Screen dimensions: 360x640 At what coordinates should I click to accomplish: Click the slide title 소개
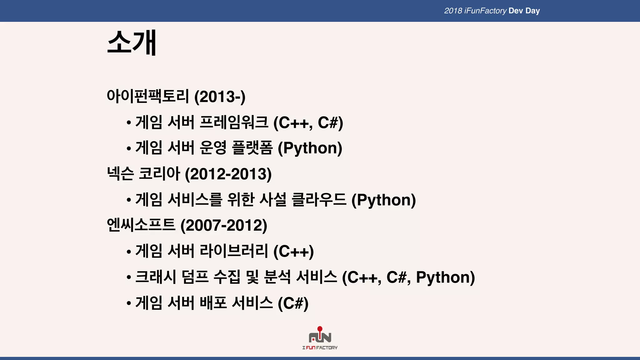tap(132, 43)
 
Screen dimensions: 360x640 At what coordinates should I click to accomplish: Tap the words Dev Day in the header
tap(524, 11)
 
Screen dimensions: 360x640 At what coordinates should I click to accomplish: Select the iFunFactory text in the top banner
tap(485, 11)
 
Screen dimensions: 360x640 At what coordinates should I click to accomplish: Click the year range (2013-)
tap(220, 97)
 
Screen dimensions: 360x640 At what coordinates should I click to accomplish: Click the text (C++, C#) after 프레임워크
tap(308, 122)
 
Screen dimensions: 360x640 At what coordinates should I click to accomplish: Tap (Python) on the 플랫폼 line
tap(310, 148)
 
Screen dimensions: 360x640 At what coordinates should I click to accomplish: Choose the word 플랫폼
tap(252, 148)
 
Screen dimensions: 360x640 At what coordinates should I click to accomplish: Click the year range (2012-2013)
tap(228, 174)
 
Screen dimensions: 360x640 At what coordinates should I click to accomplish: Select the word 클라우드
tap(319, 200)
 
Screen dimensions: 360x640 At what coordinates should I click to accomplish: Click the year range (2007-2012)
tap(224, 225)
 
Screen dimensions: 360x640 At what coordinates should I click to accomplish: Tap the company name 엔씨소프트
tap(141, 225)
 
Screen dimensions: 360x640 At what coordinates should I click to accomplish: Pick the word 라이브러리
tap(234, 251)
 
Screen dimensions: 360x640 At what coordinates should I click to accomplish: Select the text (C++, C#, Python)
tap(408, 277)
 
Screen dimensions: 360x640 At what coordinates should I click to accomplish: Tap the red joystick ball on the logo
tap(320, 329)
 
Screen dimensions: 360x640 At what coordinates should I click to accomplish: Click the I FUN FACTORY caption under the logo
tap(320, 347)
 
